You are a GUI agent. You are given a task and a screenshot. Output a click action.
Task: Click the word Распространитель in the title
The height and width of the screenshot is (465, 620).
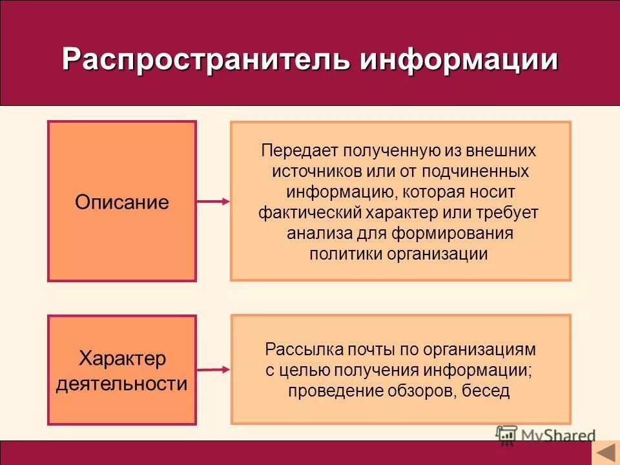click(x=207, y=60)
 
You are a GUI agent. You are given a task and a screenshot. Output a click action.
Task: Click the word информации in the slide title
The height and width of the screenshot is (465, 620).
click(x=459, y=60)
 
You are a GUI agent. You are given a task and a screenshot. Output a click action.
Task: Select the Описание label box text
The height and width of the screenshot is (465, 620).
click(x=121, y=202)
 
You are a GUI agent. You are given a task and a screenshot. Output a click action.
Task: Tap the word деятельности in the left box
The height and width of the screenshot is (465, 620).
click(x=121, y=384)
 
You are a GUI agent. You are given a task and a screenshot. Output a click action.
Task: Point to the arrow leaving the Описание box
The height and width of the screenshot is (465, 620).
click(x=212, y=201)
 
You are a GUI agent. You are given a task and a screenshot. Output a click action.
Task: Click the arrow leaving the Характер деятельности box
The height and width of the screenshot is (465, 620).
click(x=212, y=370)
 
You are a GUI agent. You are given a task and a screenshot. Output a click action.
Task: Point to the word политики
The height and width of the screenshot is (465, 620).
click(x=346, y=254)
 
